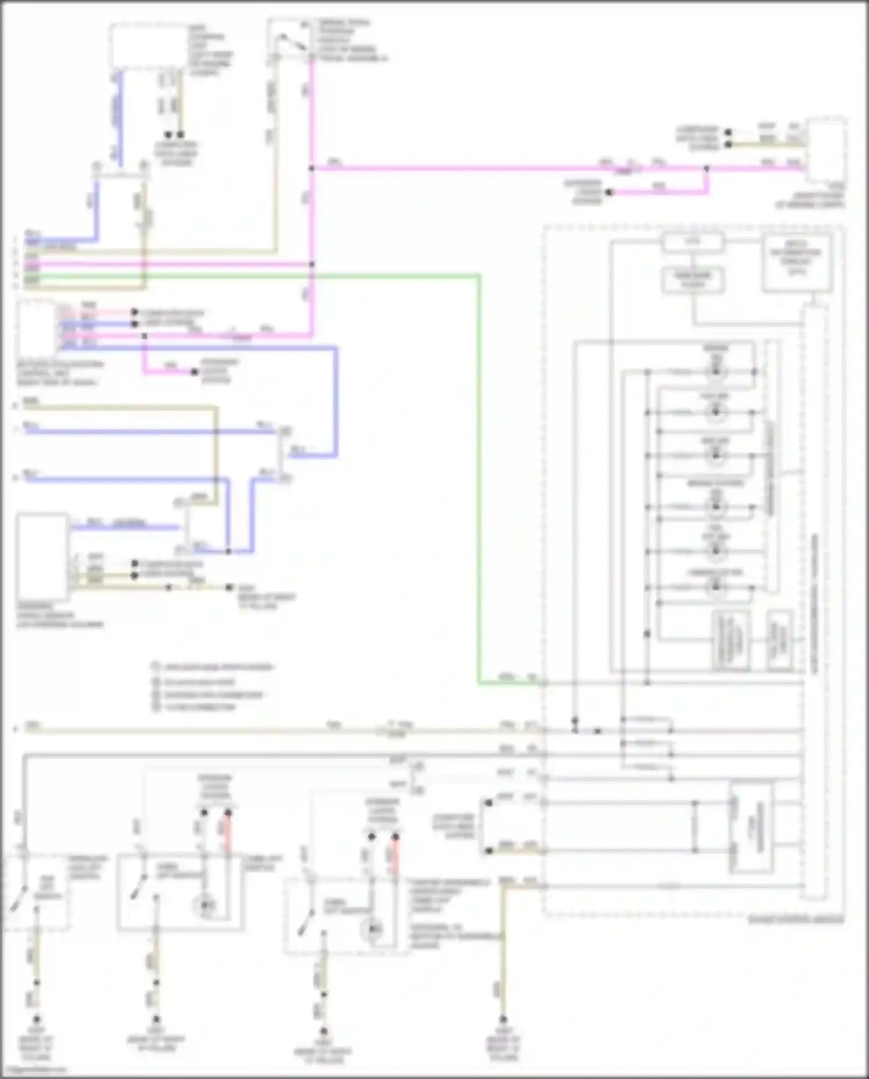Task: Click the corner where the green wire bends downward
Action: [x=479, y=277]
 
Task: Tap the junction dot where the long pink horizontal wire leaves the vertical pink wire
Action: [x=312, y=168]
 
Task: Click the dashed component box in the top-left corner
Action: [x=148, y=46]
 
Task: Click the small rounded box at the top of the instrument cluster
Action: [x=693, y=242]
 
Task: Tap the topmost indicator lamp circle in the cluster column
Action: [x=716, y=371]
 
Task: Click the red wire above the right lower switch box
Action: [x=396, y=857]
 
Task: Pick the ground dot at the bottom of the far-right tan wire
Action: [x=503, y=1019]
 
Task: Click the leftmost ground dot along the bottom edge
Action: [x=36, y=1019]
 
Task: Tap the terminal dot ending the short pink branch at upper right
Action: [x=609, y=192]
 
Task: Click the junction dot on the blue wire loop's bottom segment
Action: [x=228, y=551]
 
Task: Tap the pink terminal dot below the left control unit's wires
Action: [x=195, y=372]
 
